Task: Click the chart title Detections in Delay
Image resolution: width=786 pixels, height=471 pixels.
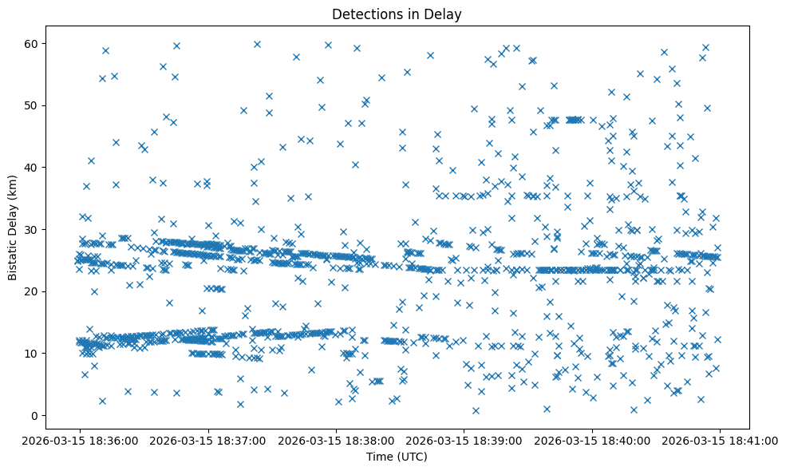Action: coord(397,14)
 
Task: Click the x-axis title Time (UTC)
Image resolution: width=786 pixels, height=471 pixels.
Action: coord(397,457)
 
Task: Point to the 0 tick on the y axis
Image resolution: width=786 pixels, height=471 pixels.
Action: coord(35,415)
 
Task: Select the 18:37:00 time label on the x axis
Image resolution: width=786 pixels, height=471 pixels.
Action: coord(207,440)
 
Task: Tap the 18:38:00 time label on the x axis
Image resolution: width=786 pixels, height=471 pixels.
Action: coord(336,440)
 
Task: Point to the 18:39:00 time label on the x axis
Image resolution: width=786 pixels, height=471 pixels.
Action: coord(464,440)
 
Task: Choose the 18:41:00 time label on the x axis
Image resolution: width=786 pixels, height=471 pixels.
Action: coord(721,440)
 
